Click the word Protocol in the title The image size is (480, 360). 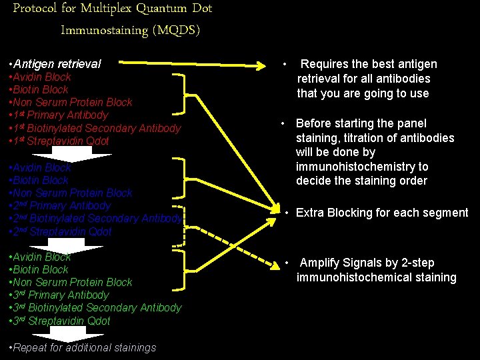tap(36, 9)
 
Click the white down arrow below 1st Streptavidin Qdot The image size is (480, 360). tap(81, 154)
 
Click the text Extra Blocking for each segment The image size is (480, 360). tap(381, 213)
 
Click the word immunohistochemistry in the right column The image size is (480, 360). tap(362, 167)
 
